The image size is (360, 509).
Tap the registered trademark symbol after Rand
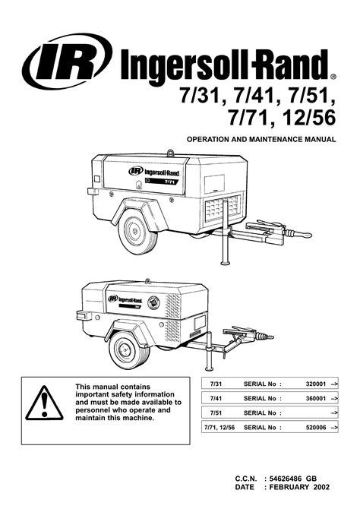pos(333,77)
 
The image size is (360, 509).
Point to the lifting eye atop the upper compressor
pos(171,152)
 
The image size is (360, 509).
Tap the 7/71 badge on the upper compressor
pos(169,182)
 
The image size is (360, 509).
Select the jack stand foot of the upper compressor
pos(225,262)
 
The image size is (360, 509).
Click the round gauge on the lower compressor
pos(153,302)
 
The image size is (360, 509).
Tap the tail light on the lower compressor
pos(84,315)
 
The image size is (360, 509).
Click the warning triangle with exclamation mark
pos(45,403)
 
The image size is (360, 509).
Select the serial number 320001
pos(315,384)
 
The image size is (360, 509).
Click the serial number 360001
pos(315,398)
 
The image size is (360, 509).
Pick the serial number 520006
pos(315,428)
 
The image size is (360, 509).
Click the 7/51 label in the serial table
pos(216,413)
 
